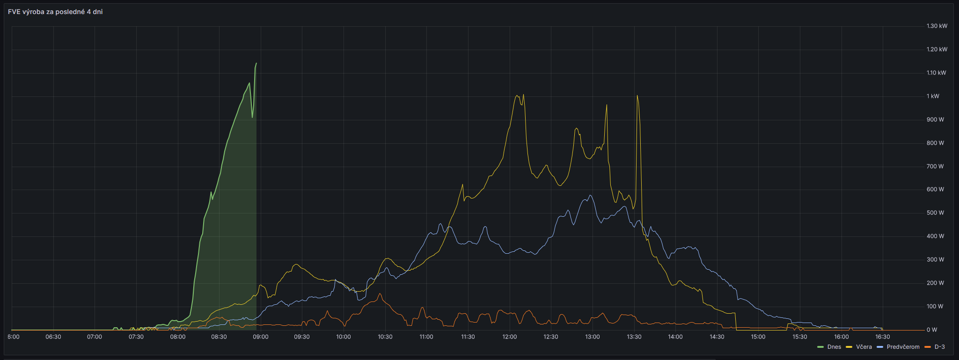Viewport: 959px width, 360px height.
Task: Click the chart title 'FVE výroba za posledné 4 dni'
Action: click(55, 12)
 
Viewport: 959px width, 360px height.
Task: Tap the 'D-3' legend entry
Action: click(935, 347)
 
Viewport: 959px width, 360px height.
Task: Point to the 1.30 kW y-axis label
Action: click(937, 26)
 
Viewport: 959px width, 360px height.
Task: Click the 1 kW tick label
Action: click(933, 96)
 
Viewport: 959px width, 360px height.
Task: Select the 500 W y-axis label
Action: click(935, 213)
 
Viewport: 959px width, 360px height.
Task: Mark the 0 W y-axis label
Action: click(932, 330)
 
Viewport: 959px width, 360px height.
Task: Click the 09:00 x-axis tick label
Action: click(261, 337)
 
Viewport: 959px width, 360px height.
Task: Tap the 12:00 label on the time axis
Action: click(509, 337)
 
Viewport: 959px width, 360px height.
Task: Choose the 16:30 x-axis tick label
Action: click(883, 337)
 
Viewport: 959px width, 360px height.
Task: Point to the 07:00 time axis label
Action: click(95, 337)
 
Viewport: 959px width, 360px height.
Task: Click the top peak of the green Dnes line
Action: click(256, 63)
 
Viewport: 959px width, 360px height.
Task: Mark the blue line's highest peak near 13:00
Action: click(590, 195)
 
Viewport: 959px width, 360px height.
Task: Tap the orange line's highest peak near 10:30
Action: click(380, 294)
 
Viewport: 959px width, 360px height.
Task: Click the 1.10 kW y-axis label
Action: click(936, 73)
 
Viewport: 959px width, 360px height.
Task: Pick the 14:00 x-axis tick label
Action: click(675, 337)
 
